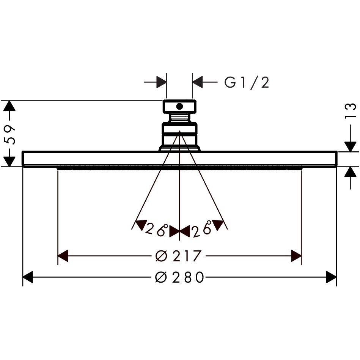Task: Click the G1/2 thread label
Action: coord(247,83)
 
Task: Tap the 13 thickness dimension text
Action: coord(351,111)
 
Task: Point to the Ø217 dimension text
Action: coord(178,256)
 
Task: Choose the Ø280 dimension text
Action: coord(179,277)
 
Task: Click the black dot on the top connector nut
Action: coord(179,106)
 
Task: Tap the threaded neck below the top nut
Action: coord(179,118)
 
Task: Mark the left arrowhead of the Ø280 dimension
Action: coord(28,277)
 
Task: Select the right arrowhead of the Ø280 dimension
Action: coord(331,277)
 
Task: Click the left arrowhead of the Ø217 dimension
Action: coord(63,256)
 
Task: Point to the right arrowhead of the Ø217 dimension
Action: coord(296,256)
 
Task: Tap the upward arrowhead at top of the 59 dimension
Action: coord(9,106)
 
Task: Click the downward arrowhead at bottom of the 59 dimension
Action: coord(9,162)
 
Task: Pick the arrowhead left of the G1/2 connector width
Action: coord(161,82)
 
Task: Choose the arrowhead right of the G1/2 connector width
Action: coord(198,82)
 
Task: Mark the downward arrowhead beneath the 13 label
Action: coord(351,147)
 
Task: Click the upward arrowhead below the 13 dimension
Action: coord(351,172)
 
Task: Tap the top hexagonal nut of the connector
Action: coord(179,107)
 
